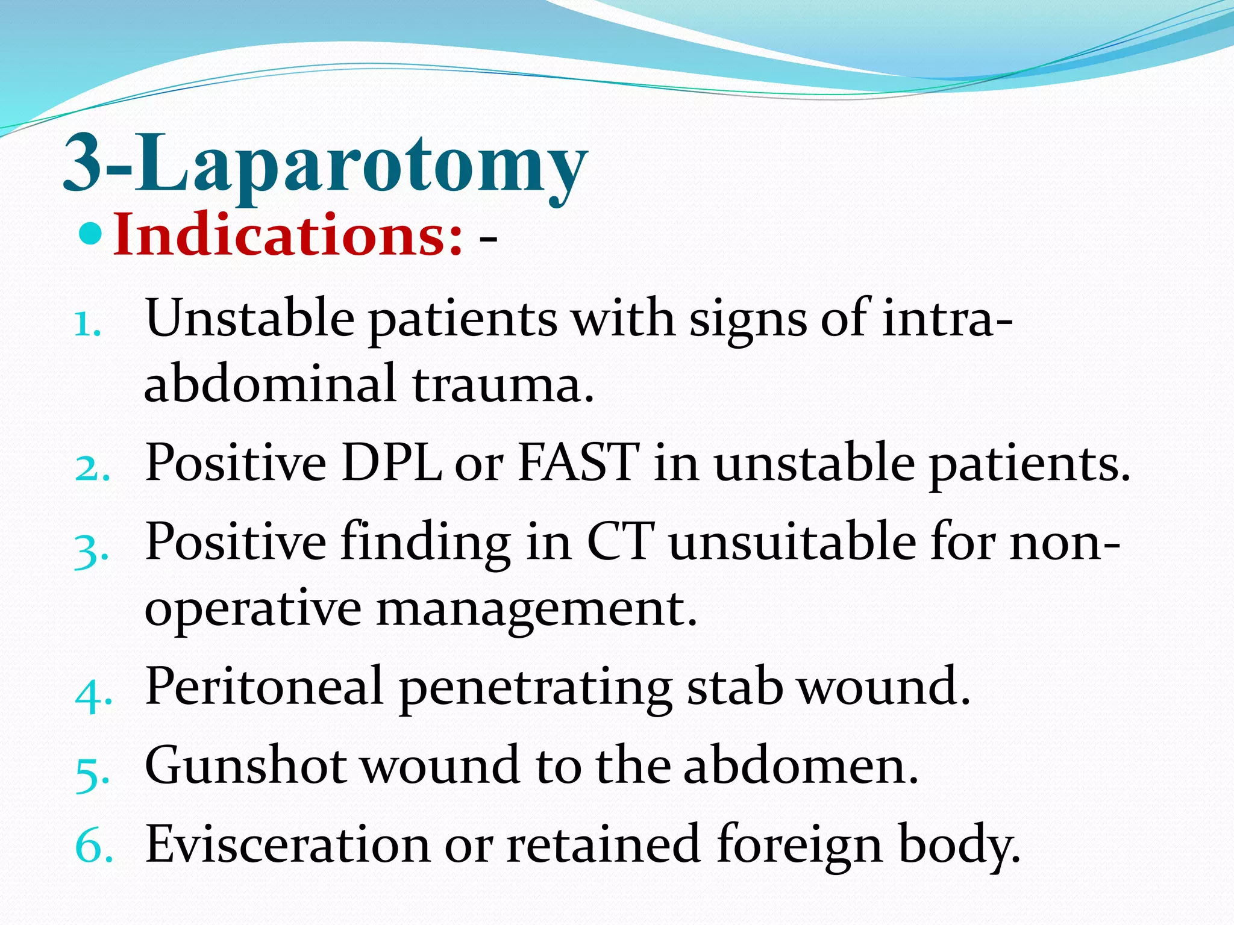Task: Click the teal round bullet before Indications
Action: (92, 234)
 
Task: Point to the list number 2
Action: (92, 469)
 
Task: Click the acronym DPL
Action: (392, 462)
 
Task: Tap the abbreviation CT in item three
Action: (621, 542)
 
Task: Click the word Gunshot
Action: (246, 765)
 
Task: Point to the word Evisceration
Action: (287, 844)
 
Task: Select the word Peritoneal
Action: (264, 687)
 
